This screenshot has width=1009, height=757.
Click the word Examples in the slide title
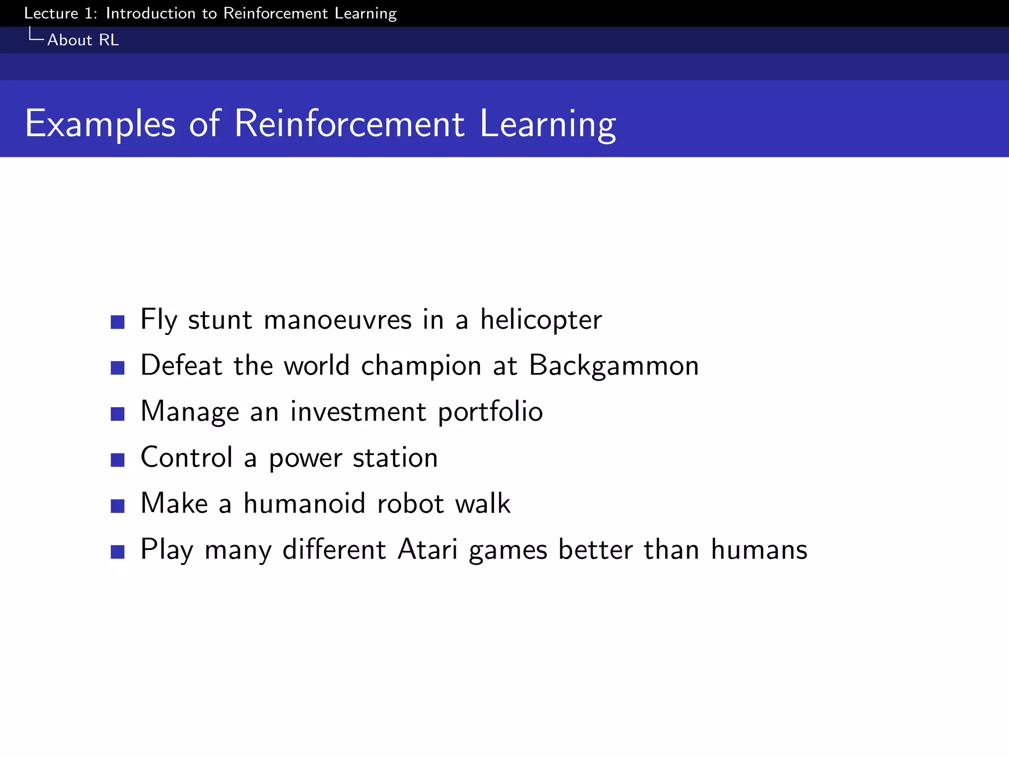(x=100, y=124)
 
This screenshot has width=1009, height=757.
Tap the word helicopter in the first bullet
(x=540, y=320)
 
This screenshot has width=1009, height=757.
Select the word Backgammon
(x=613, y=366)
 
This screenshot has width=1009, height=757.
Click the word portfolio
(x=490, y=412)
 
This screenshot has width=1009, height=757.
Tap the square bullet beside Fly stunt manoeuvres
(x=117, y=322)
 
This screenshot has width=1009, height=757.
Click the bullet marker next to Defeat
(x=117, y=368)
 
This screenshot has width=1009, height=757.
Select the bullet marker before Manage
(x=117, y=414)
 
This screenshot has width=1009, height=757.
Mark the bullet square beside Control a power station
(x=117, y=460)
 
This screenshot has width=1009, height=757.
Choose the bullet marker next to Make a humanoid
(x=117, y=506)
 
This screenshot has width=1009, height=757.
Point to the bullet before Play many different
(x=117, y=552)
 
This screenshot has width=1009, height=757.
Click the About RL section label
(x=83, y=40)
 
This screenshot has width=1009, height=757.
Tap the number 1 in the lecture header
(x=89, y=13)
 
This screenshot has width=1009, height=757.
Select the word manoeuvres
(x=337, y=320)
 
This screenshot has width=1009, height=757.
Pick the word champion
(x=421, y=366)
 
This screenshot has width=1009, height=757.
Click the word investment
(x=358, y=412)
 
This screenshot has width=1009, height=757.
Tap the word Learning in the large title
(x=547, y=124)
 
